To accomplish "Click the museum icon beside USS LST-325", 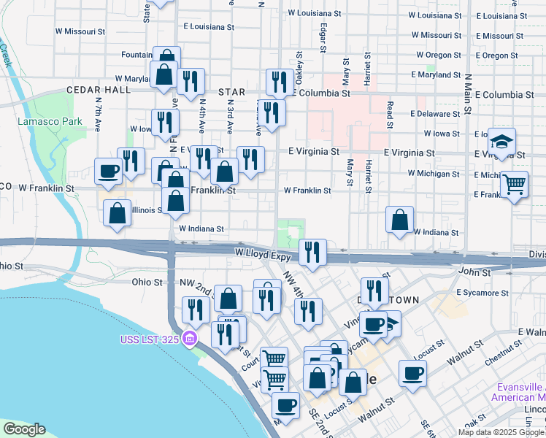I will pos(190,339).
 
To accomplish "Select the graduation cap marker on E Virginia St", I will pos(503,141).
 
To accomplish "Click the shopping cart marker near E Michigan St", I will pos(515,184).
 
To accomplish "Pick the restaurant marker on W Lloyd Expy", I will pos(312,253).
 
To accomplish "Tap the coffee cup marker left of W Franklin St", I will pos(109,172).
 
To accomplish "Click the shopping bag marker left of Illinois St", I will pos(118,215).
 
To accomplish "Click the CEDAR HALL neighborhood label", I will pos(98,90).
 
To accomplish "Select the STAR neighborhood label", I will pos(231,93).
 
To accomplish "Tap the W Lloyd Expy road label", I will pos(264,253).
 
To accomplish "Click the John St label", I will pos(474,272).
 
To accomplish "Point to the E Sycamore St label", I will pos(481,293).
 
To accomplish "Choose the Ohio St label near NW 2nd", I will pos(147,282).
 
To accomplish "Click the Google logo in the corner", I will pos(24,429).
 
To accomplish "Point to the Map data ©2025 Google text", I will pos(500,432).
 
